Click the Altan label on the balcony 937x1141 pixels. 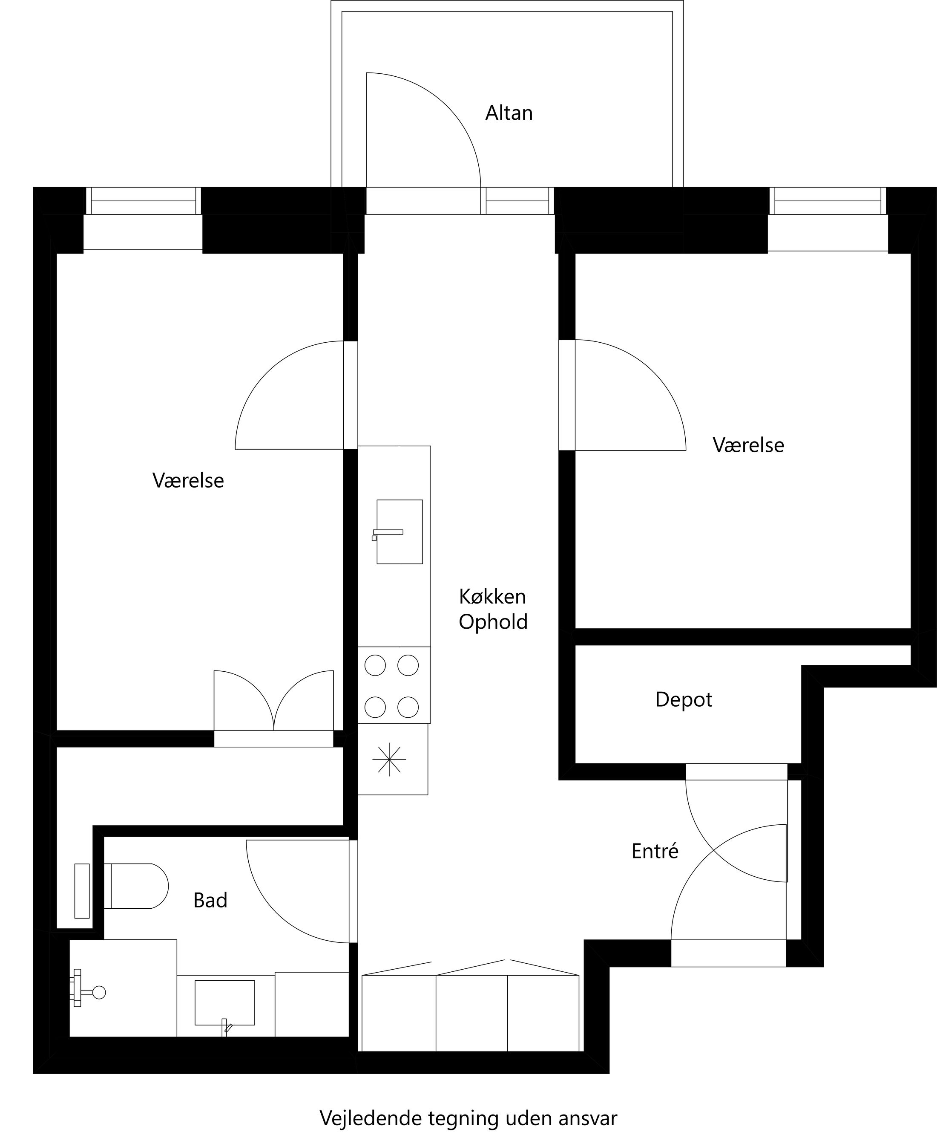(509, 113)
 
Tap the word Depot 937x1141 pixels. (683, 699)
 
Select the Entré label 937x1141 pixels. (654, 851)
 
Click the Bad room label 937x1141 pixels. (210, 900)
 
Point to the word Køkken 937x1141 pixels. (492, 596)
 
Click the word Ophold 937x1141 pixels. (493, 621)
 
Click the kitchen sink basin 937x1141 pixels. (400, 532)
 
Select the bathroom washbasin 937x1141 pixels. (224, 1002)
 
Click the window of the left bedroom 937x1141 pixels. (143, 201)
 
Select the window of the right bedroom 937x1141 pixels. (828, 201)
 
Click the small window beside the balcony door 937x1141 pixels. (517, 201)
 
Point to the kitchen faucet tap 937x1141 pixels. (388, 532)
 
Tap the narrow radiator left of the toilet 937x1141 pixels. (81, 890)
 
